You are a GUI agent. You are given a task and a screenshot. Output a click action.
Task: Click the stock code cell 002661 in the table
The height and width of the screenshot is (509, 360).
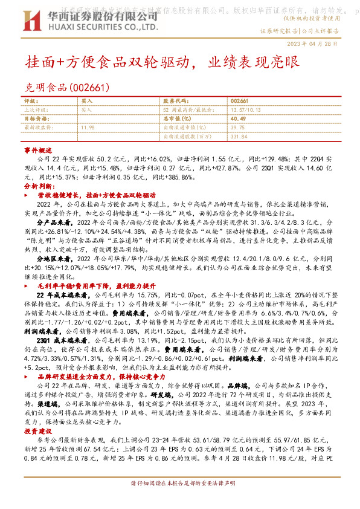[240, 100]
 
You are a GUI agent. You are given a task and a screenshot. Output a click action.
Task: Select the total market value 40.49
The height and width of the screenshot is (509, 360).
[237, 119]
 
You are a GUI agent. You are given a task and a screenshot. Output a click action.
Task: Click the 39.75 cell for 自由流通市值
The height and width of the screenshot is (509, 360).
[237, 128]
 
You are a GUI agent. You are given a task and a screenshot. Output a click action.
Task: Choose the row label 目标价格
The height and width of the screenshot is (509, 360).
[36, 119]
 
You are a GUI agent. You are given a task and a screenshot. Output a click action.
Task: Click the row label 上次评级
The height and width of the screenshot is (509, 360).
[36, 110]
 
